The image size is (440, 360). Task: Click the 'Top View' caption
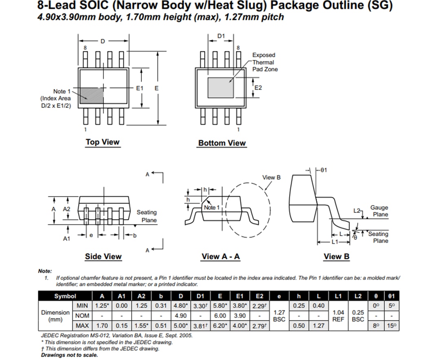coord(102,142)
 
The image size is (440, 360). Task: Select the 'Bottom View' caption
coord(222,143)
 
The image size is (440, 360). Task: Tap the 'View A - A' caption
coord(220,256)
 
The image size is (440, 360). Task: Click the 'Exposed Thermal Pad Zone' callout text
coord(264,62)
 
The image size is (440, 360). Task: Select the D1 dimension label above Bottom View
coord(221,36)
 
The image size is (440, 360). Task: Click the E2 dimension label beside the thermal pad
coord(258,88)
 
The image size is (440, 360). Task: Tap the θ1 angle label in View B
coord(323,170)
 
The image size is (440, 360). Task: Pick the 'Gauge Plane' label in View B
coord(379,211)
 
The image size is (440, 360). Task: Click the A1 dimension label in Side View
coord(67,239)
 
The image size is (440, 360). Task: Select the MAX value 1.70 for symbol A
coord(101,325)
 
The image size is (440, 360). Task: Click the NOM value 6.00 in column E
coord(220,316)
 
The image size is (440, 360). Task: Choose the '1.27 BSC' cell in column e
coord(279,316)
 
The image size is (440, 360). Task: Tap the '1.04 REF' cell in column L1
coord(338,316)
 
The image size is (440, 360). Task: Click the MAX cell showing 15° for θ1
coord(392,325)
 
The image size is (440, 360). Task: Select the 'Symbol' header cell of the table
coord(65,296)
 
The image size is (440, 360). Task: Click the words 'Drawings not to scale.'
coord(69,355)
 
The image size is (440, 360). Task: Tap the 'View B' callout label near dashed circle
coord(271,177)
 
